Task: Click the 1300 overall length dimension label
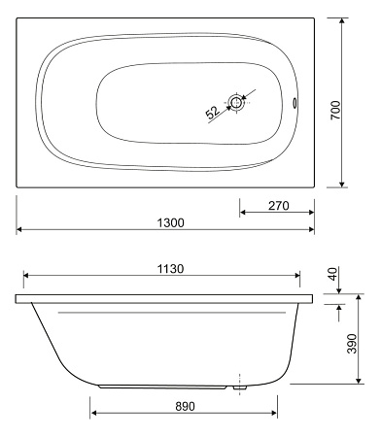[170, 222]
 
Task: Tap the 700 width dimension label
[336, 110]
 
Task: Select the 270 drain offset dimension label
[279, 206]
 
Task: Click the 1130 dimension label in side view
[170, 269]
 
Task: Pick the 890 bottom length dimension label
[186, 406]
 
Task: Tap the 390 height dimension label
[352, 344]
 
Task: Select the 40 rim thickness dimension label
[333, 274]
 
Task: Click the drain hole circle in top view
[236, 102]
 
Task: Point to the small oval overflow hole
[294, 102]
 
